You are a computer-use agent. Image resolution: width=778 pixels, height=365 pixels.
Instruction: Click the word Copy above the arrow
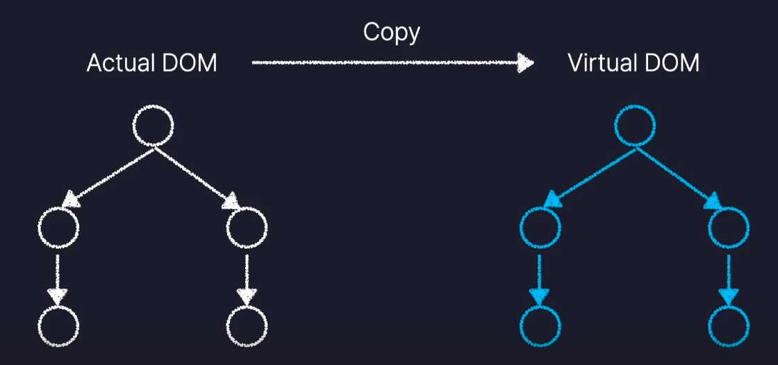(392, 33)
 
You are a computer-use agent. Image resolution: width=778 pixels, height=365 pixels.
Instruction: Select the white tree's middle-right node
(247, 228)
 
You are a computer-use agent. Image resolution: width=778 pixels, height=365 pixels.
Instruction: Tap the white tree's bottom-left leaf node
(59, 325)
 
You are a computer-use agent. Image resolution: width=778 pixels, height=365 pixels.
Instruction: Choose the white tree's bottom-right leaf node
(247, 325)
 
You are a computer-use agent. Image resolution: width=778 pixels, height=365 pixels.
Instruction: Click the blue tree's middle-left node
(540, 228)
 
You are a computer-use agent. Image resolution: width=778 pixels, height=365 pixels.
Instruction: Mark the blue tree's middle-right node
(729, 228)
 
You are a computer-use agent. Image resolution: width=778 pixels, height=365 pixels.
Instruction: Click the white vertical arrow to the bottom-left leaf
(58, 278)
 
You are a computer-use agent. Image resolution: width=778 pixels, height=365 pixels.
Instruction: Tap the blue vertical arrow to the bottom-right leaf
(729, 278)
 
